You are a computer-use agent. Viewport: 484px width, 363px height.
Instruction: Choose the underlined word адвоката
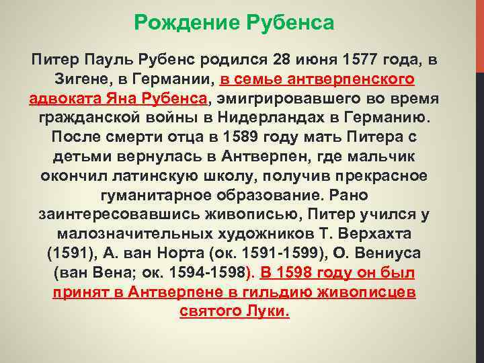[65, 99]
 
